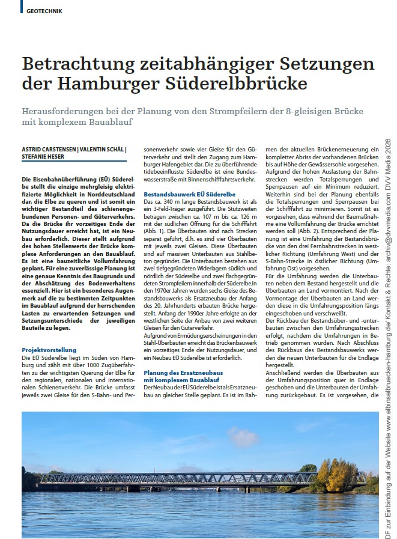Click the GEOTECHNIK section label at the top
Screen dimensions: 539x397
coord(44,11)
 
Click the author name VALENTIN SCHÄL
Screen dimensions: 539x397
coord(101,149)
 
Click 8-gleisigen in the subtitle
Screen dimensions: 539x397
coord(304,112)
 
